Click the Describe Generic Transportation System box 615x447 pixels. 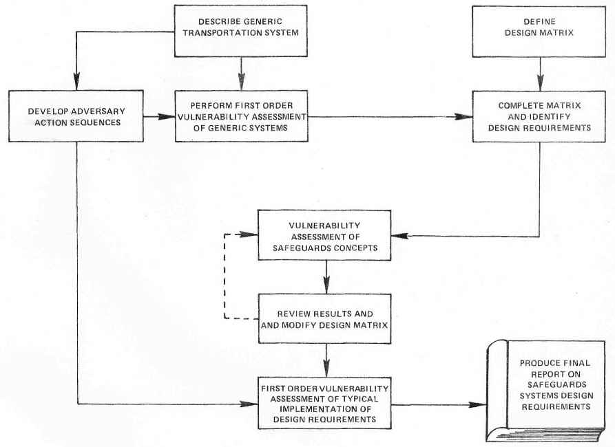click(x=241, y=32)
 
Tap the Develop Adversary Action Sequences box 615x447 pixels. click(x=76, y=116)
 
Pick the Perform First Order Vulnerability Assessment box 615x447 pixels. click(x=240, y=116)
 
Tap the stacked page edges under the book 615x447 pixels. click(x=537, y=435)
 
